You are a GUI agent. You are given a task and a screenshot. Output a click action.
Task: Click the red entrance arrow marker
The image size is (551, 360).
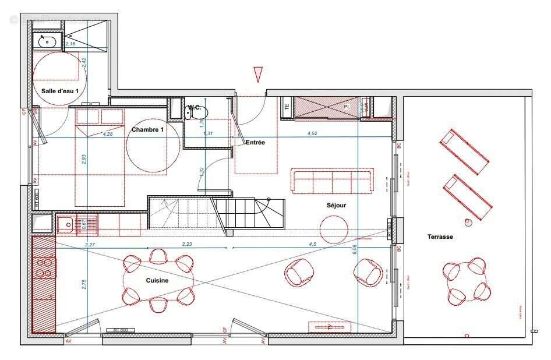pos(258,74)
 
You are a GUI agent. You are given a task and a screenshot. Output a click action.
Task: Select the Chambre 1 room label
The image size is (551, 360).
pos(147,129)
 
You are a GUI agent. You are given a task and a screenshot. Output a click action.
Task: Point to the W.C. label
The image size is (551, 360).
pos(195,108)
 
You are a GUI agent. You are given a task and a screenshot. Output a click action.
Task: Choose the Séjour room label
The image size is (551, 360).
pos(336,205)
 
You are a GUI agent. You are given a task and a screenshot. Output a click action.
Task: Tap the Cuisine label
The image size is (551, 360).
pos(157,280)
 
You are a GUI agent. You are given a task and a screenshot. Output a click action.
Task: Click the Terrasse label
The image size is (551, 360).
pos(440,237)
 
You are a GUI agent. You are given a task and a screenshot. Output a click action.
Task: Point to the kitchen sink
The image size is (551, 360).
pos(65,224)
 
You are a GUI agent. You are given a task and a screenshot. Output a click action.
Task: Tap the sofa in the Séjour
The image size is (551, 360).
pos(332,181)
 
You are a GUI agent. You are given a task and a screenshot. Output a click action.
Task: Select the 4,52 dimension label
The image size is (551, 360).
pos(312,133)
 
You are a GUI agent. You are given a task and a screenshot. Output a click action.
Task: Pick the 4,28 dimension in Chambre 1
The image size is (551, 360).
pos(108,133)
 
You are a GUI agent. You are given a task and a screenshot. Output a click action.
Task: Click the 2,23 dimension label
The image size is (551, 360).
pos(187,244)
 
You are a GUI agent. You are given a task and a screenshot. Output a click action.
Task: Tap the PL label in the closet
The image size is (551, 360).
pos(347,107)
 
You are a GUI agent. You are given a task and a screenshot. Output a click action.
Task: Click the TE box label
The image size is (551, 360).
pos(286,108)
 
